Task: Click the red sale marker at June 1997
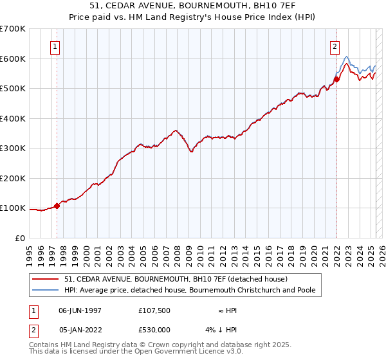(x=57, y=206)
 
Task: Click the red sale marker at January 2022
(x=336, y=80)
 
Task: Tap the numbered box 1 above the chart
(x=56, y=46)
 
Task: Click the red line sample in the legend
(x=45, y=279)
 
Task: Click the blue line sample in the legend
(x=45, y=290)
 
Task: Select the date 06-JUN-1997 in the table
(x=80, y=310)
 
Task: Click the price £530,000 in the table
(x=154, y=330)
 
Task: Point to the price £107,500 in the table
(x=154, y=310)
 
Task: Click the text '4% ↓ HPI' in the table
(x=221, y=330)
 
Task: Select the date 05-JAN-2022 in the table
(x=80, y=330)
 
